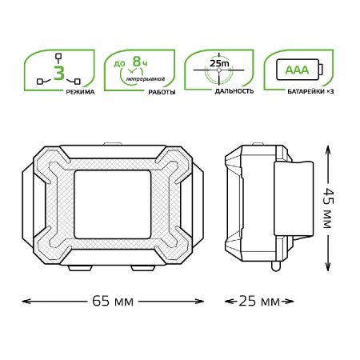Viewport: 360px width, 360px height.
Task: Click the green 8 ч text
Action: coord(140,61)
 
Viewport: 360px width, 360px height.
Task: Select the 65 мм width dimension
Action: coord(111,301)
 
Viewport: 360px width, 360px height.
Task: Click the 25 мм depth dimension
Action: coord(259,301)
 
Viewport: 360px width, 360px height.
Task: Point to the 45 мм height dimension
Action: coord(326,207)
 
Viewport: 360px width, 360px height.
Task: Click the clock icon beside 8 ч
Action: coord(126,74)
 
